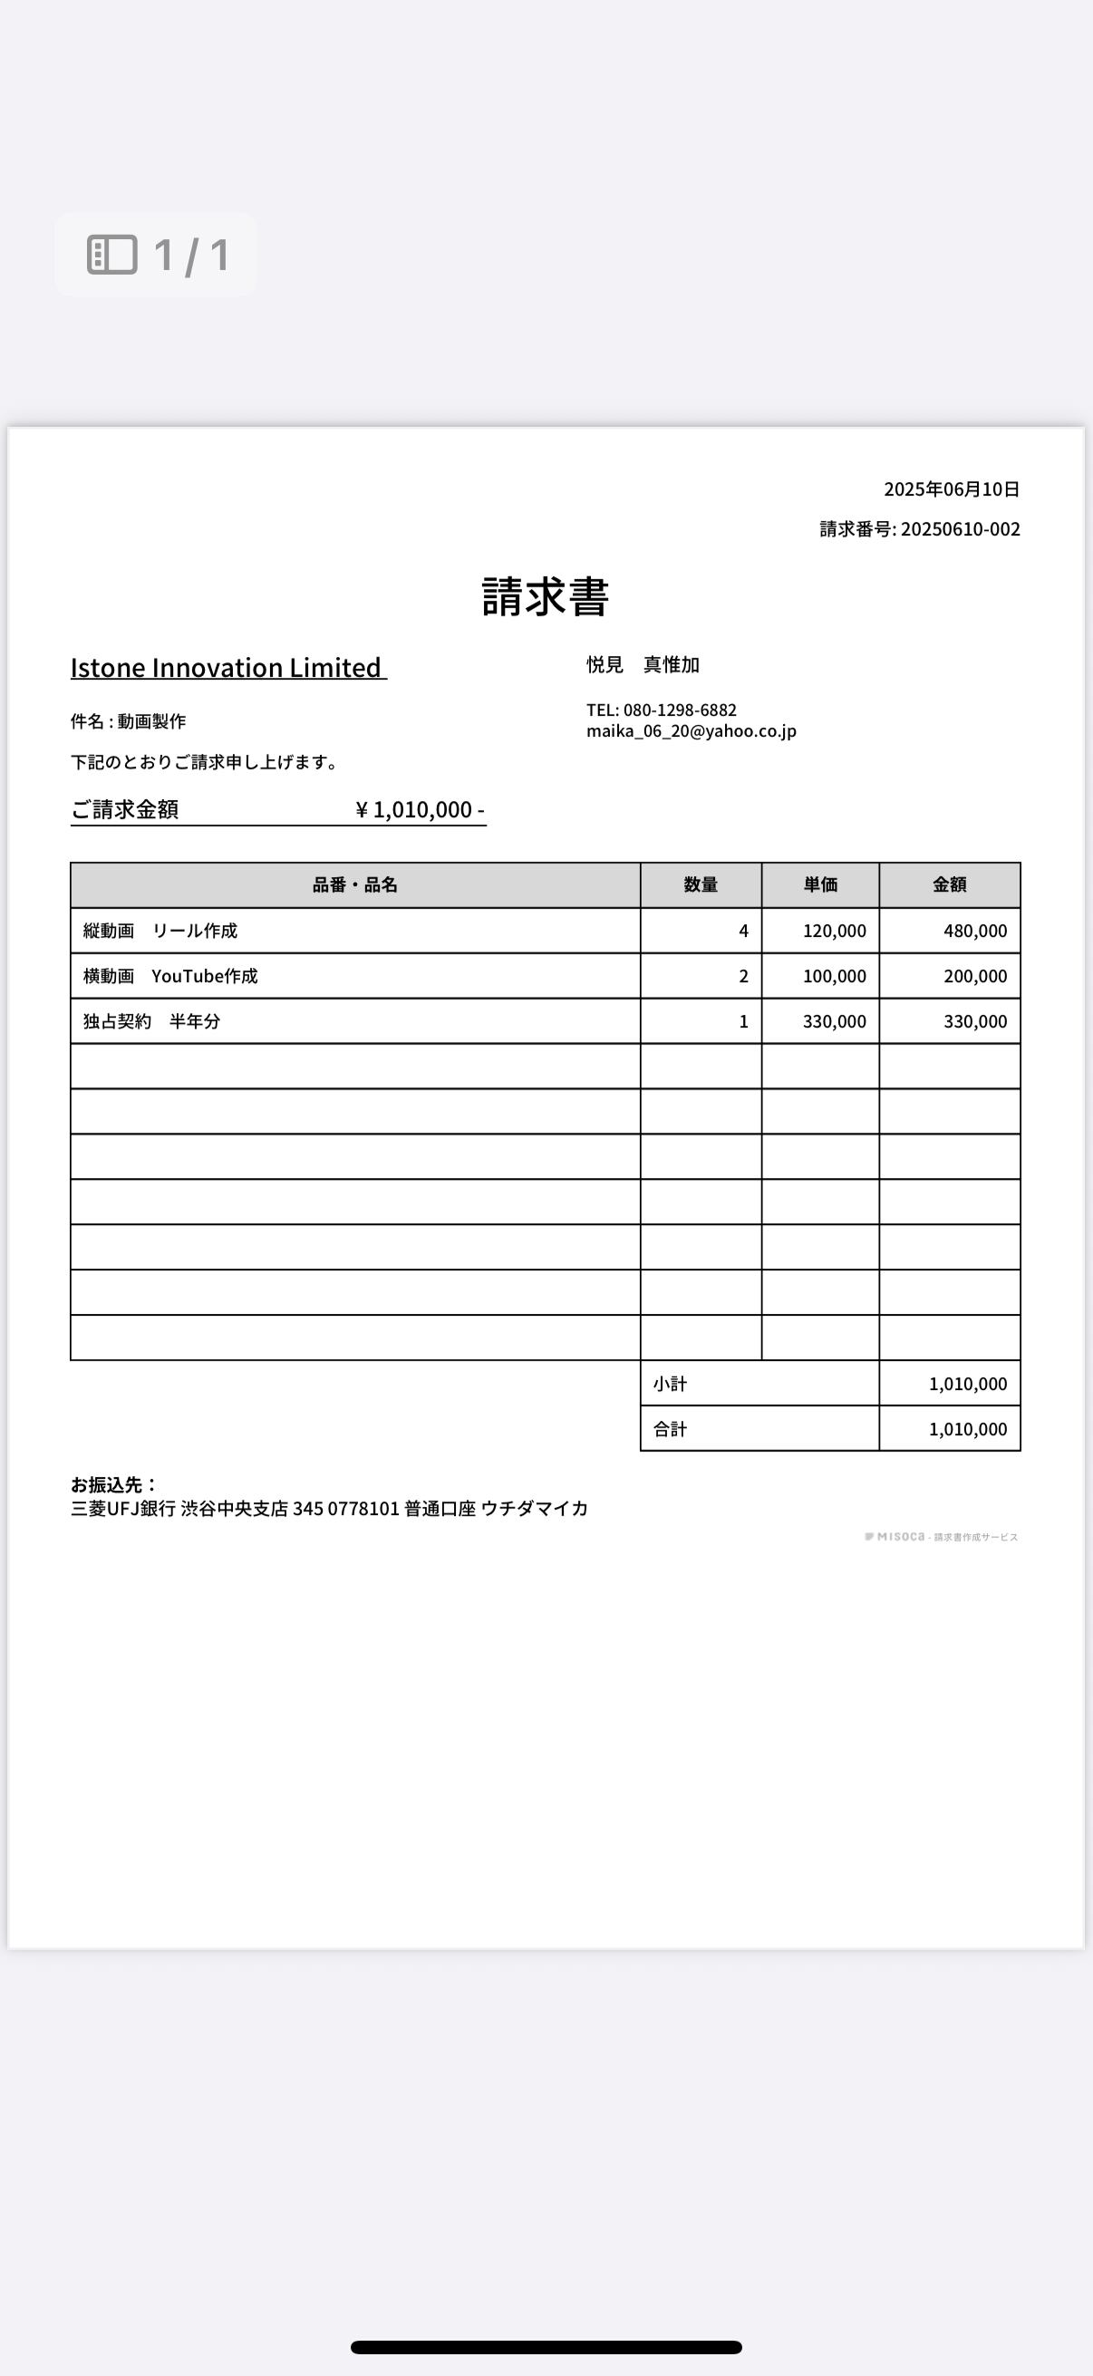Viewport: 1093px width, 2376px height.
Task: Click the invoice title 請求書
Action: pos(545,597)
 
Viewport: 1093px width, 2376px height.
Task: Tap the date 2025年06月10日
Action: pos(951,488)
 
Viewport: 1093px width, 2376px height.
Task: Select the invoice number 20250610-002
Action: pos(960,528)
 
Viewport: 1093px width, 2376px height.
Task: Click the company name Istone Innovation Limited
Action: pos(227,667)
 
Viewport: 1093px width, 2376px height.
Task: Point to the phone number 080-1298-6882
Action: pos(680,710)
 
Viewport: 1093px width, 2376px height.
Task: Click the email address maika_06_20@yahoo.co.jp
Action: pos(691,730)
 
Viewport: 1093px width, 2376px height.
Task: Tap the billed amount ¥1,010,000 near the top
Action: pos(420,809)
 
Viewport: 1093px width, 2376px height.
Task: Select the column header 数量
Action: pos(701,884)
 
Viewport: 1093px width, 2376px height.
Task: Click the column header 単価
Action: pos(820,884)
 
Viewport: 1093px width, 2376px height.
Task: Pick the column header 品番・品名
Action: pos(355,884)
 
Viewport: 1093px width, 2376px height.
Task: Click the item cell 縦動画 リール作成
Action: pos(160,931)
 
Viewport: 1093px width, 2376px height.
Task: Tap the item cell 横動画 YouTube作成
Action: pos(170,976)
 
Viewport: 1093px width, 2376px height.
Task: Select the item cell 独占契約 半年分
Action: pos(152,1021)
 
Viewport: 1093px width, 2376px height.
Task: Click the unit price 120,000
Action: pos(834,931)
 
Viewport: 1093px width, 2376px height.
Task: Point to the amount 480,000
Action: pos(975,931)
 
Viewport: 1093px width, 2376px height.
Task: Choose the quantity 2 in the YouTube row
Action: pos(743,976)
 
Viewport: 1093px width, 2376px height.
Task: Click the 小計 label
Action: pos(671,1384)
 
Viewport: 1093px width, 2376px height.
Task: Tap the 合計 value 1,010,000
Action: pos(968,1429)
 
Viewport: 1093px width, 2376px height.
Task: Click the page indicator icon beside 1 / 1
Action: pos(112,255)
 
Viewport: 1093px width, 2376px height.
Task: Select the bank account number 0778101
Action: pos(363,1508)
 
